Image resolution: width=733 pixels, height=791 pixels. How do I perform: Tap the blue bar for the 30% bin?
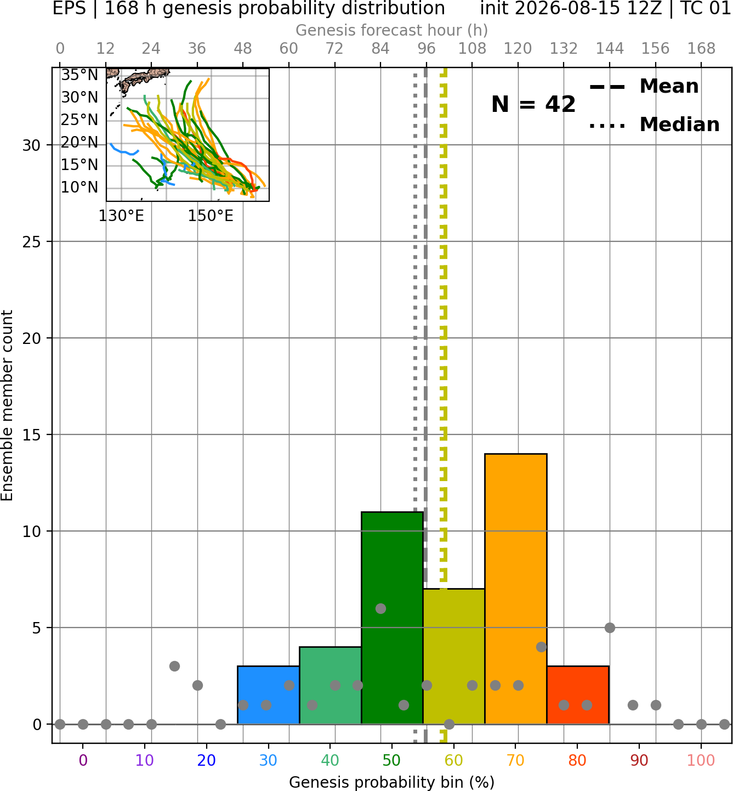(x=268, y=695)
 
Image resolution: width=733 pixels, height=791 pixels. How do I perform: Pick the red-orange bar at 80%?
(x=578, y=695)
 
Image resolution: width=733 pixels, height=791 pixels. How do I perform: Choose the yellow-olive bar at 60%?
(x=454, y=657)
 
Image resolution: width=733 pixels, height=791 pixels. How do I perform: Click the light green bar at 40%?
(x=331, y=686)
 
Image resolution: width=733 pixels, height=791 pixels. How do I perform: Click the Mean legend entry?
(x=644, y=87)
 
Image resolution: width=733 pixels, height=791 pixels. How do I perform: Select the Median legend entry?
(x=654, y=125)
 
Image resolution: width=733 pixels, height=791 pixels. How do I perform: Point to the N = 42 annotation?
(x=533, y=104)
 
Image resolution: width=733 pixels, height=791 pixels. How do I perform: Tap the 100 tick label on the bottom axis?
(x=701, y=760)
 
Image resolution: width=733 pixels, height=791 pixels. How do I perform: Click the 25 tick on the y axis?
(x=32, y=242)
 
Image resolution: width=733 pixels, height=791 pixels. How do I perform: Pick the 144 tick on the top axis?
(x=610, y=49)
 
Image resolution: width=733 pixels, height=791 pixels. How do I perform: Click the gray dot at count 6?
(x=380, y=608)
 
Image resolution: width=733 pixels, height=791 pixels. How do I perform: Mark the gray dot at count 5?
(x=610, y=628)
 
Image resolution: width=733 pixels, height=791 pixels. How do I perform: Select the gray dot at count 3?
(x=174, y=666)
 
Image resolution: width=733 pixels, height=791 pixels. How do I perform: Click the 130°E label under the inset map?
(x=121, y=216)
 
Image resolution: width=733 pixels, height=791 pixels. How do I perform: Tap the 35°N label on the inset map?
(x=79, y=75)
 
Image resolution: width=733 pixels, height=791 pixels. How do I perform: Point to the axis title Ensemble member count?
(x=7, y=405)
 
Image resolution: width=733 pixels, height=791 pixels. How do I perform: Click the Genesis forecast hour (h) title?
(x=392, y=30)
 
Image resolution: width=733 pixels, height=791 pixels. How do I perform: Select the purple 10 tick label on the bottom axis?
(x=145, y=760)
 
